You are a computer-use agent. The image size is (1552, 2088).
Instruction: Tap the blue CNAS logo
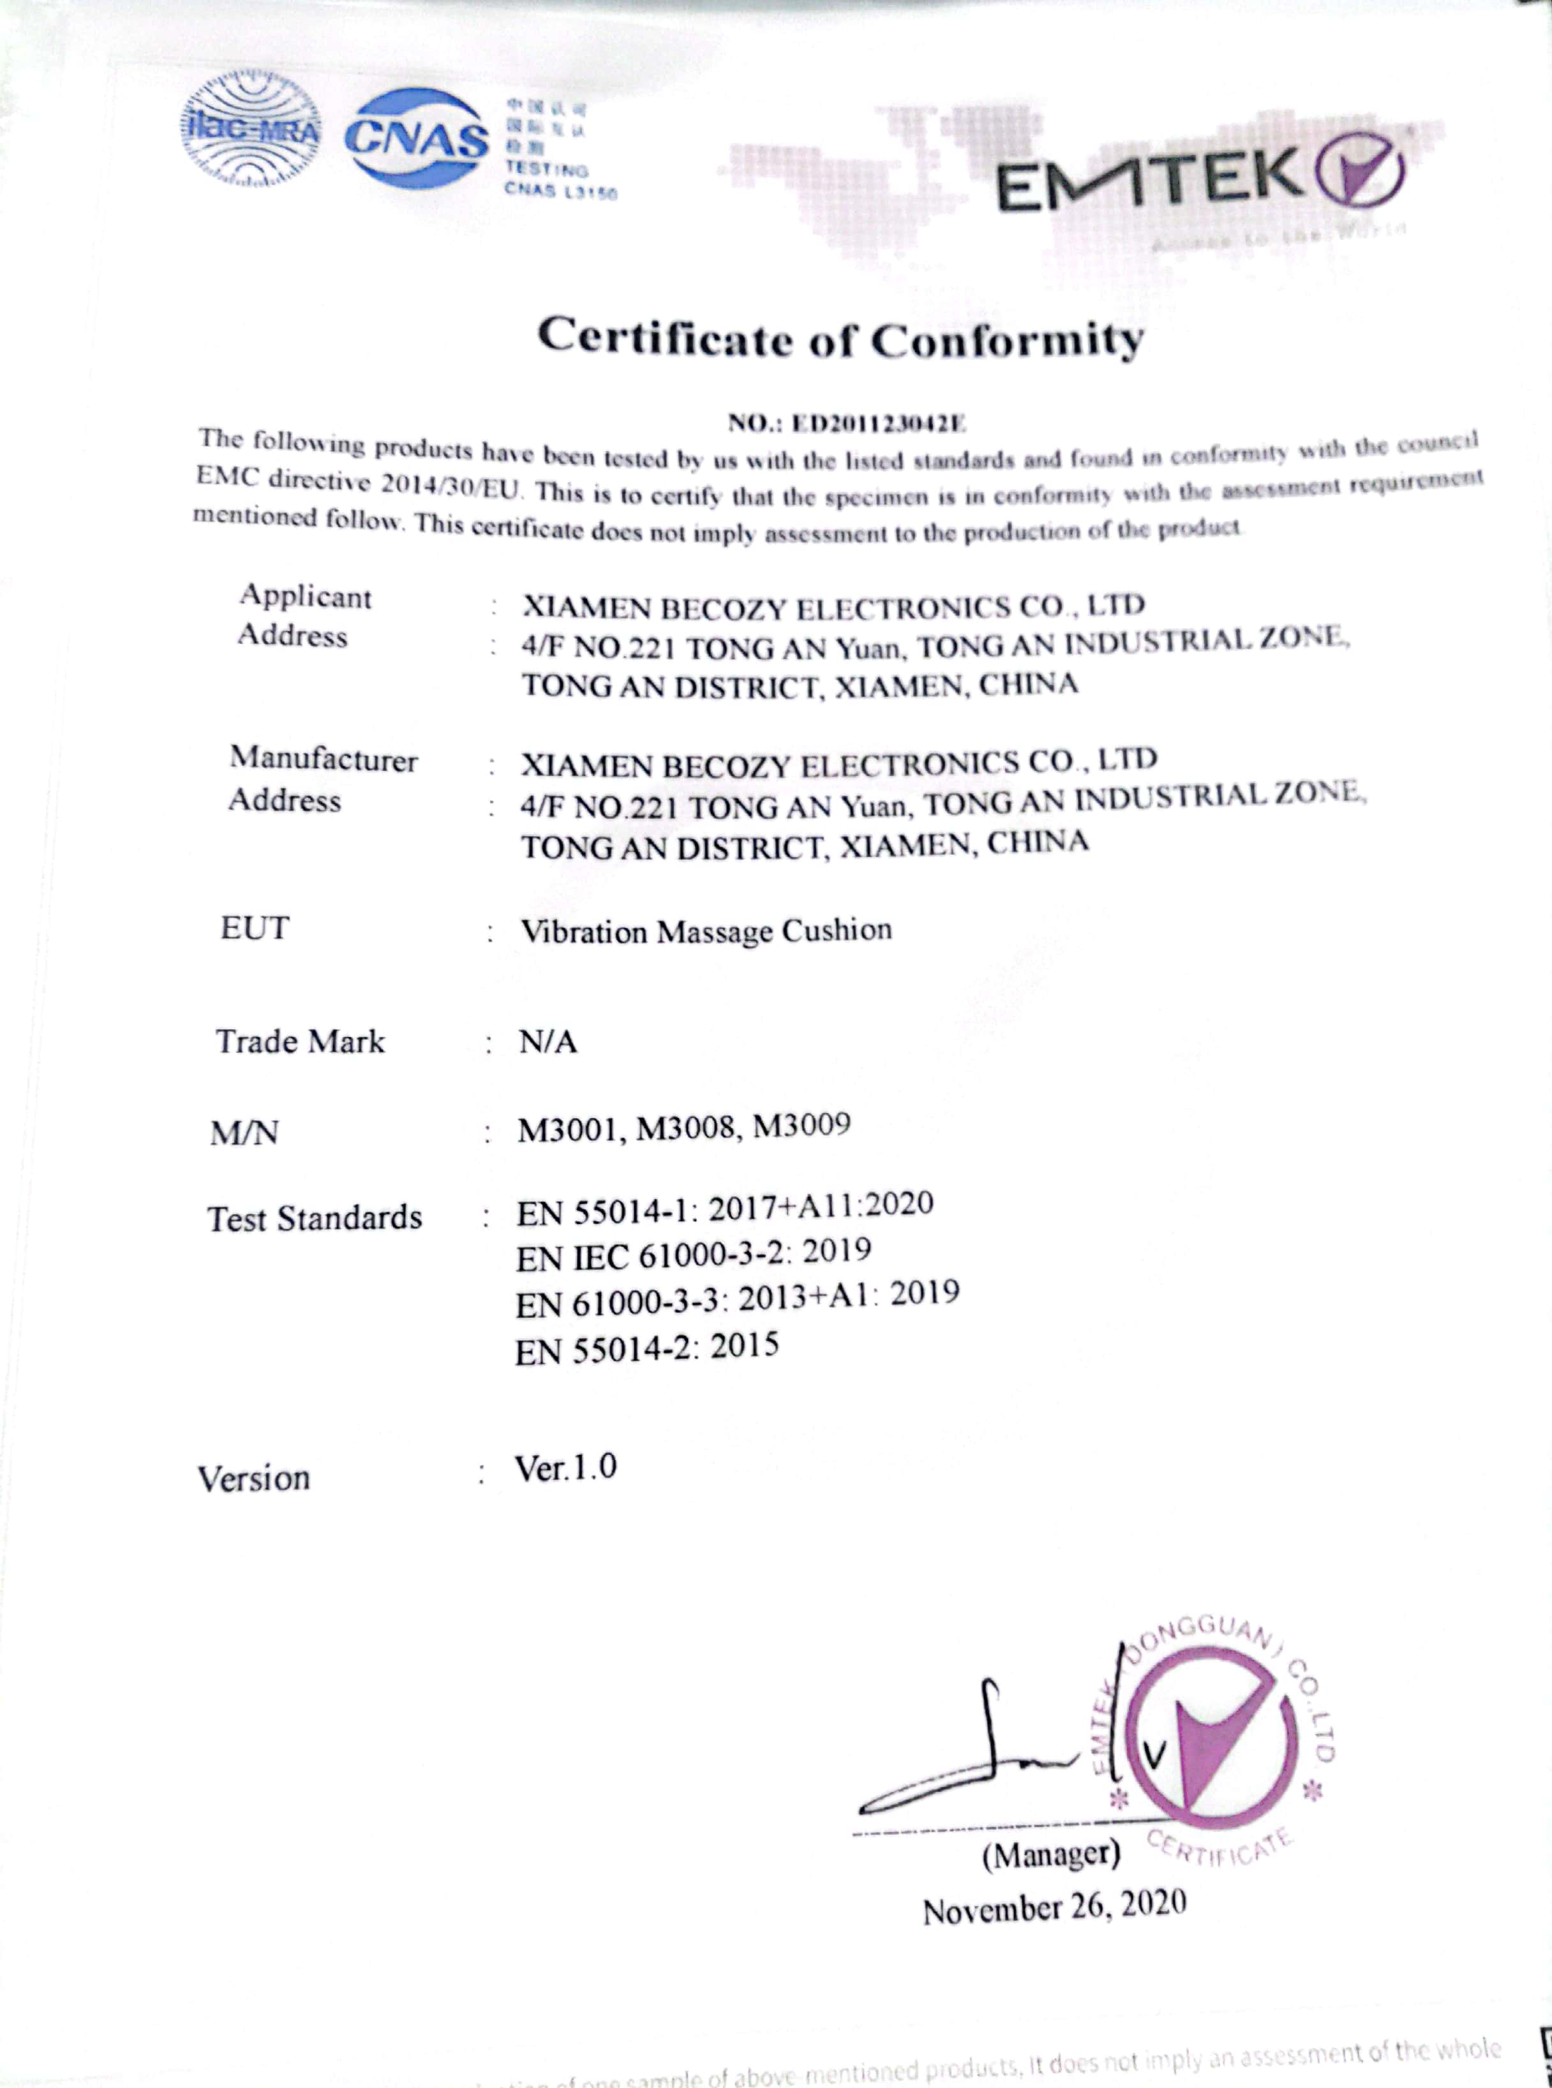[418, 139]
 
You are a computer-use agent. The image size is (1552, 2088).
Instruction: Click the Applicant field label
[305, 597]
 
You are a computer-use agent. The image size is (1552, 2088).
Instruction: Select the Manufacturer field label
[323, 759]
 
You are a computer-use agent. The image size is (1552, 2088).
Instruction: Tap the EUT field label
[255, 928]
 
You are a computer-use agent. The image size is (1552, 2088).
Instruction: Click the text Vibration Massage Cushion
[706, 931]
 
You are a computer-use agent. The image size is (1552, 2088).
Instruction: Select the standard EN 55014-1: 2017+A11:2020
[724, 1208]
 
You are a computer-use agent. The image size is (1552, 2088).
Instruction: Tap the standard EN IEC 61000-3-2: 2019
[693, 1254]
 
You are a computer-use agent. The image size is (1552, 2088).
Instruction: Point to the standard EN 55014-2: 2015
[646, 1350]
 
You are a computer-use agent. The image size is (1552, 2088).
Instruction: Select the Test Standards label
[315, 1218]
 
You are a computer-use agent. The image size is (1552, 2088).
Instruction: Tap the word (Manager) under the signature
[1051, 1854]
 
